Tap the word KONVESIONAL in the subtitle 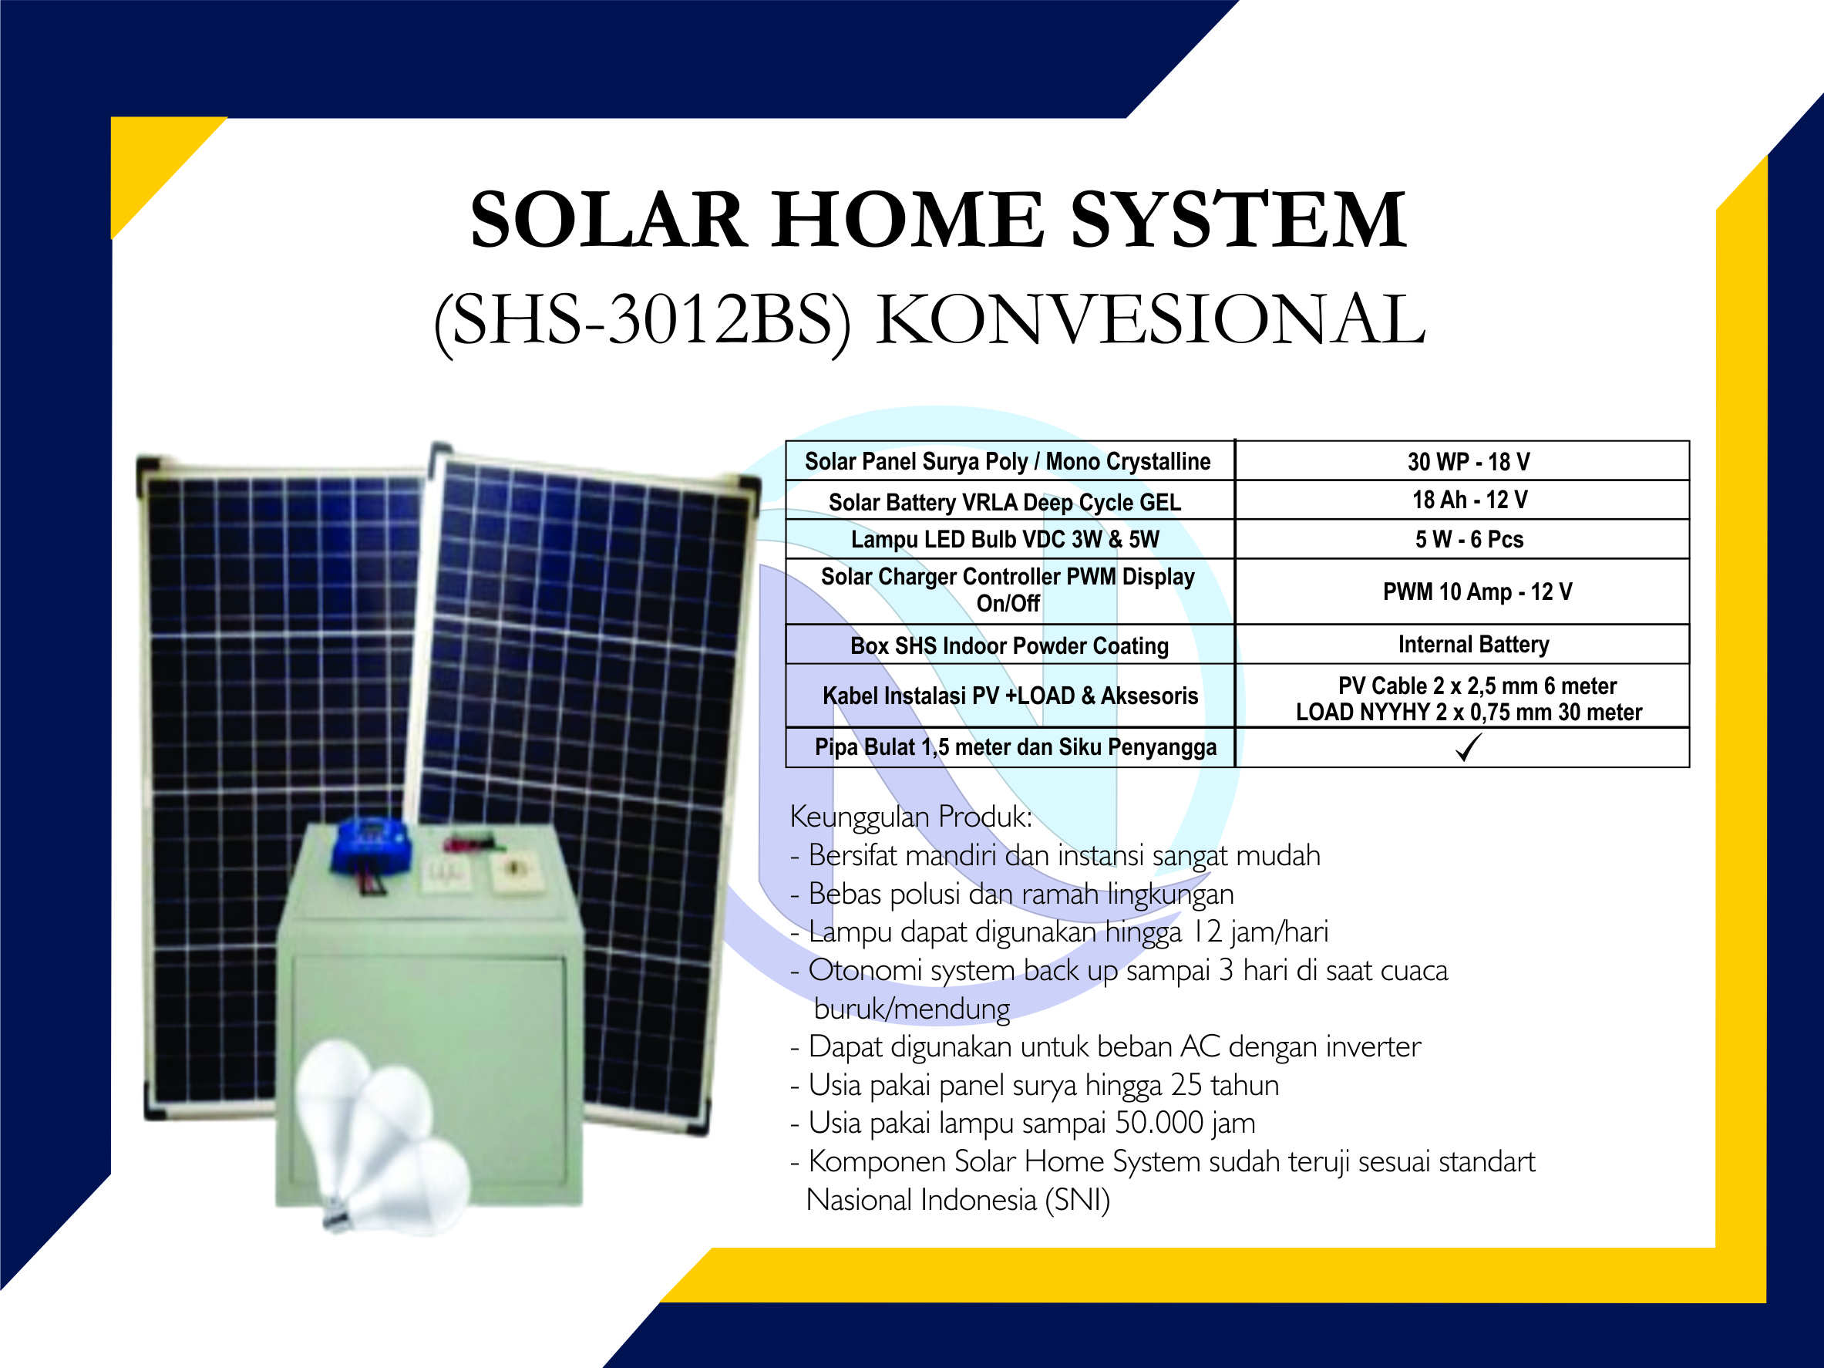1151,320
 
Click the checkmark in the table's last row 1469,747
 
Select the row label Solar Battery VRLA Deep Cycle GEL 1005,502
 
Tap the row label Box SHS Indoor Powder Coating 1009,645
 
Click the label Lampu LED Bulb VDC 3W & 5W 1005,539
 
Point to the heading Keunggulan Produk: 911,817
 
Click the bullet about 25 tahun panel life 1035,1085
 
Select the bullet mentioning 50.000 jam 1023,1123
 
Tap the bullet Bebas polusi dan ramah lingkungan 1011,894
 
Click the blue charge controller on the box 371,845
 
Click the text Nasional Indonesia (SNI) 958,1201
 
